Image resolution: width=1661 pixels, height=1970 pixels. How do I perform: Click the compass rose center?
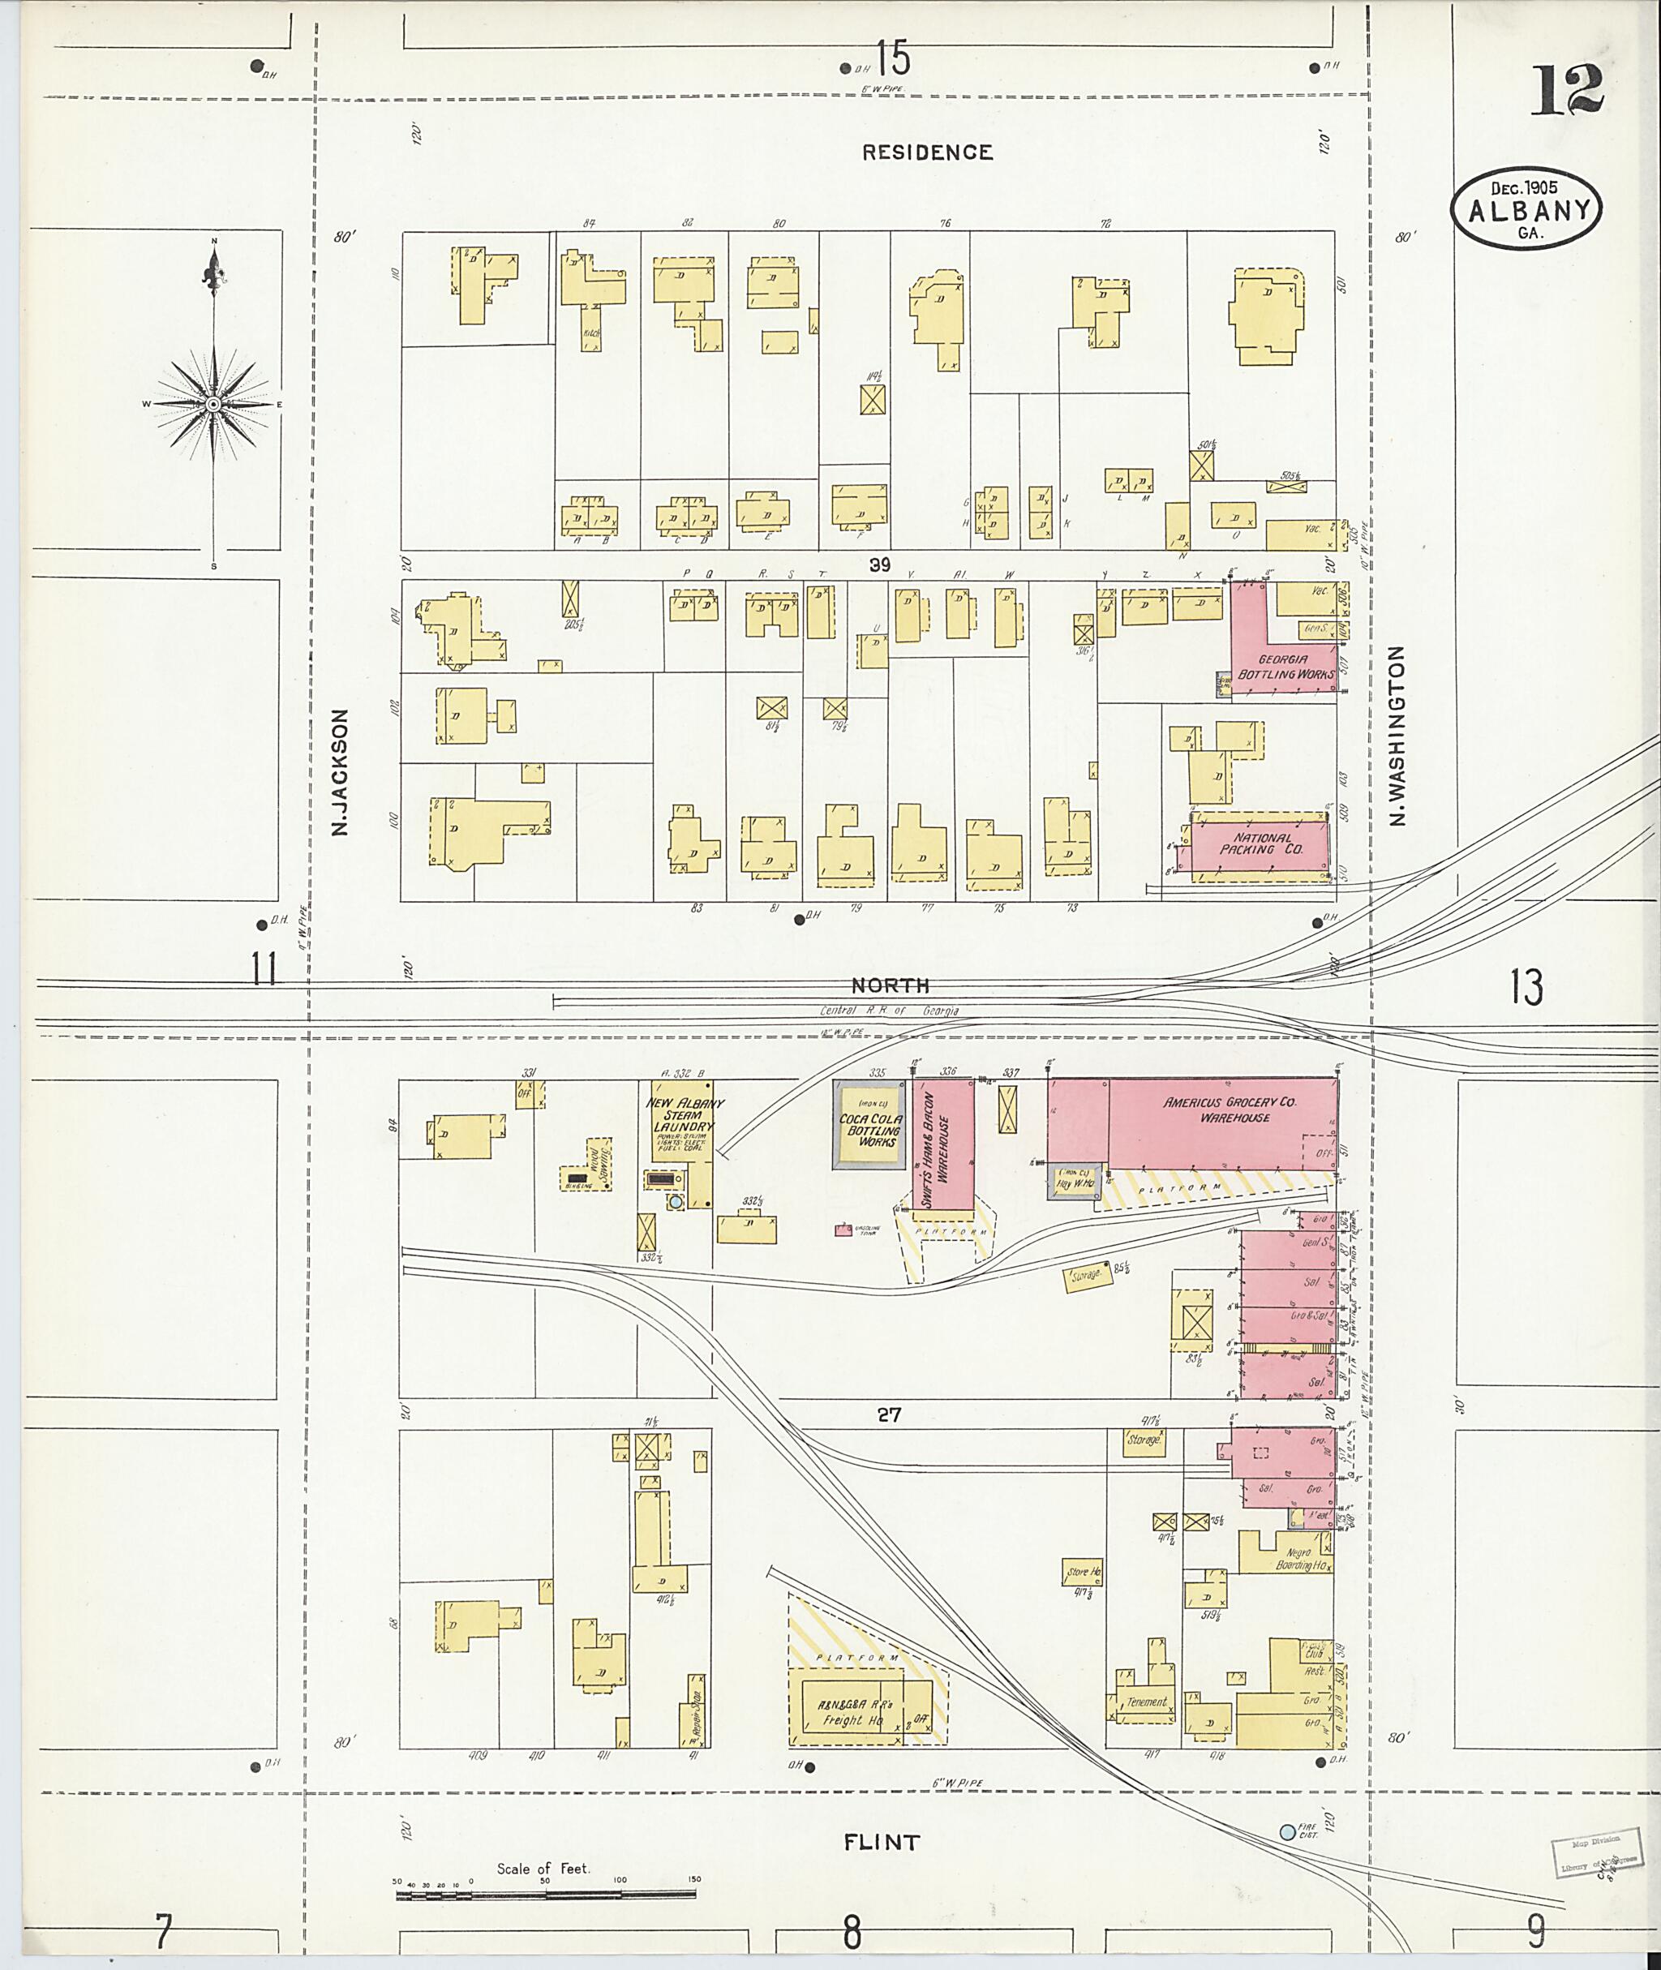pos(214,404)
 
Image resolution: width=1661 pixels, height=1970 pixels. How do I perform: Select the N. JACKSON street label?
pos(340,773)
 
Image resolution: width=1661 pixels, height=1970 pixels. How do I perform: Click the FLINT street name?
pos(881,1842)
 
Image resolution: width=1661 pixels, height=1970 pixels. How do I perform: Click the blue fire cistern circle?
pos(1287,1831)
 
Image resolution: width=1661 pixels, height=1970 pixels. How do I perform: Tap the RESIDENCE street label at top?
pos(928,152)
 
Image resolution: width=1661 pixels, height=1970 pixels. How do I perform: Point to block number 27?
pos(889,1414)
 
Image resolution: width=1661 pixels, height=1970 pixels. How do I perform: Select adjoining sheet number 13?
pos(1526,988)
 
